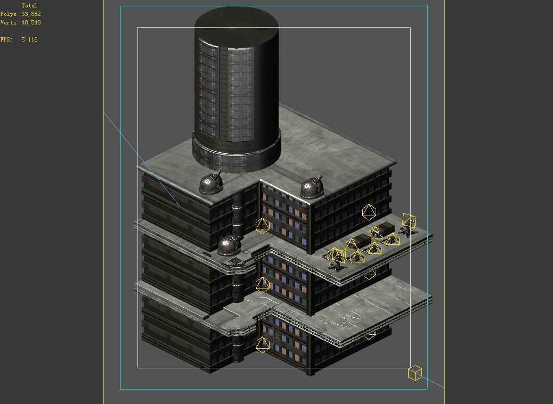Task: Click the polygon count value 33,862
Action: pyautogui.click(x=31, y=14)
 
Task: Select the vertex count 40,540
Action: pyautogui.click(x=31, y=22)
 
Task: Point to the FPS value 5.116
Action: pyautogui.click(x=29, y=39)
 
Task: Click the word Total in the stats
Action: pyautogui.click(x=29, y=5)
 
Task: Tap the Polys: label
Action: pyautogui.click(x=9, y=14)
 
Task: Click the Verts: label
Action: pyautogui.click(x=9, y=22)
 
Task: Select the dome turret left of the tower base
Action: pyautogui.click(x=211, y=183)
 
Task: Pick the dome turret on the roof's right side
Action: pyautogui.click(x=312, y=188)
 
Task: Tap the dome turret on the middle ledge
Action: pyautogui.click(x=230, y=244)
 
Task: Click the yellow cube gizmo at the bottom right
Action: pyautogui.click(x=415, y=373)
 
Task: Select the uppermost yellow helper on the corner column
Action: pyautogui.click(x=262, y=226)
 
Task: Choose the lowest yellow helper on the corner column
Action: pyautogui.click(x=262, y=344)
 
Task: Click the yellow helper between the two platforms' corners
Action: pyautogui.click(x=262, y=284)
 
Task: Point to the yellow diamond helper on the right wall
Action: pyautogui.click(x=369, y=212)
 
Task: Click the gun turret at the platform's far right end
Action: pyautogui.click(x=409, y=226)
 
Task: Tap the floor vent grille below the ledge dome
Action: pyautogui.click(x=234, y=261)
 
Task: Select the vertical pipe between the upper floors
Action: pyautogui.click(x=238, y=213)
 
